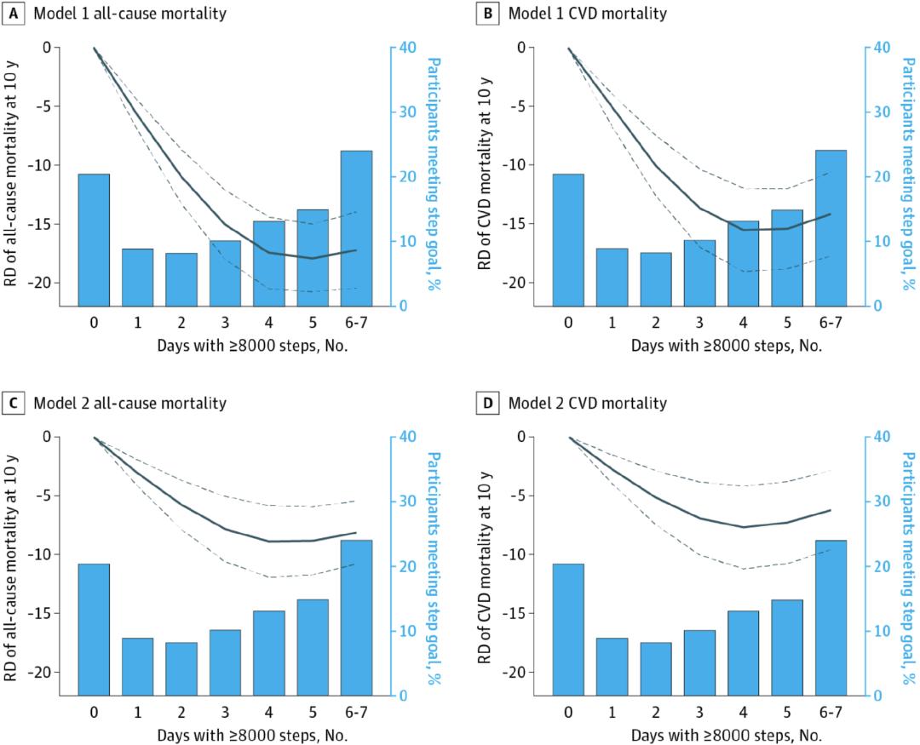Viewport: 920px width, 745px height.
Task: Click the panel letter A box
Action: click(14, 13)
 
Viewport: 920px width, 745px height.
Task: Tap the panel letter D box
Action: click(490, 402)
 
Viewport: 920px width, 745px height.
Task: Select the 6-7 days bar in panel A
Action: click(356, 228)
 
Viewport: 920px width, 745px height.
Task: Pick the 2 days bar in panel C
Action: click(181, 668)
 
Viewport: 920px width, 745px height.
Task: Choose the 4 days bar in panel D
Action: click(743, 652)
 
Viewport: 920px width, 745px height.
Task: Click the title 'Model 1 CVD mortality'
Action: click(587, 13)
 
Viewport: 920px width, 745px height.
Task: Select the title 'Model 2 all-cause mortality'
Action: click(129, 402)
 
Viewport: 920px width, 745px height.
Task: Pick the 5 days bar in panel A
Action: click(313, 257)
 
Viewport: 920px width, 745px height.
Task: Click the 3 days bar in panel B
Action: click(699, 272)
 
